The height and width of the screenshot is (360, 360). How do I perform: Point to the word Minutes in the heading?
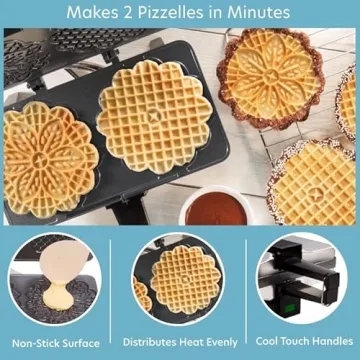point(260,13)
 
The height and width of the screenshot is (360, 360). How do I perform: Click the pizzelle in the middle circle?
point(180,279)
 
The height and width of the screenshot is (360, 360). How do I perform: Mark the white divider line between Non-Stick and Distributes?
point(119,290)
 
